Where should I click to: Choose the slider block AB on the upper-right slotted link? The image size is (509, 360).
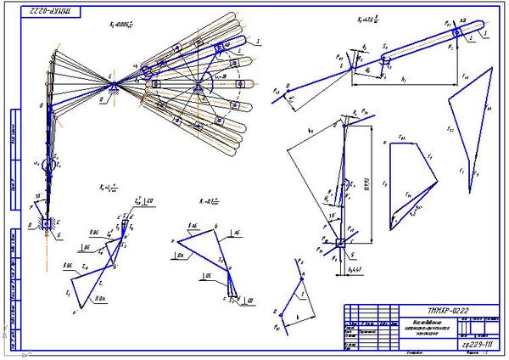tap(458, 31)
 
